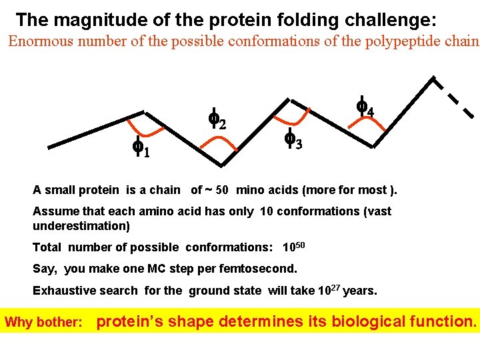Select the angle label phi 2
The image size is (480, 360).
click(x=216, y=119)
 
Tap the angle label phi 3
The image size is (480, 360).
click(x=293, y=139)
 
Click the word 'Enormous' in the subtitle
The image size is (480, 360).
click(x=41, y=41)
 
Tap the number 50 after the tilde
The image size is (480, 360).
click(x=223, y=189)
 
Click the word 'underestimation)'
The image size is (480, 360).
click(x=81, y=225)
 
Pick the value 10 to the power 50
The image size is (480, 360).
click(x=293, y=247)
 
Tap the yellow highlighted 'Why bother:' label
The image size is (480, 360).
click(x=44, y=323)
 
